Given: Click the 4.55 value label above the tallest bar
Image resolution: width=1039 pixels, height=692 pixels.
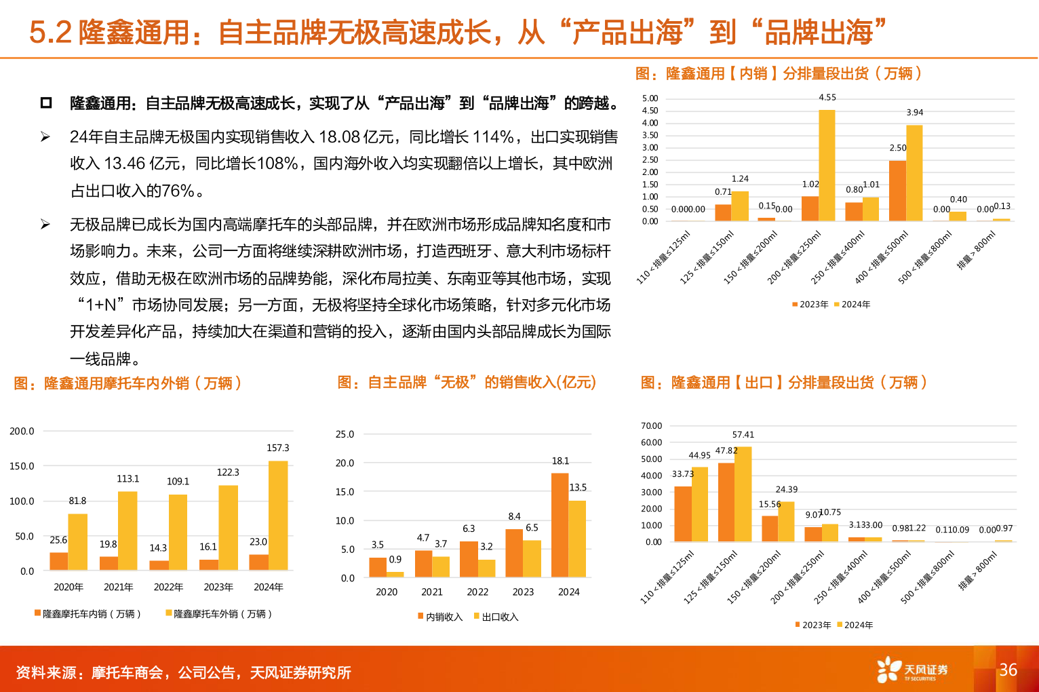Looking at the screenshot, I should (x=827, y=98).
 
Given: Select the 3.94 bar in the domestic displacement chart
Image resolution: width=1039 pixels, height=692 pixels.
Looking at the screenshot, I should (x=914, y=173).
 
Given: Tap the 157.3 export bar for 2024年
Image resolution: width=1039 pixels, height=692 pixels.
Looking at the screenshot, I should (x=278, y=515).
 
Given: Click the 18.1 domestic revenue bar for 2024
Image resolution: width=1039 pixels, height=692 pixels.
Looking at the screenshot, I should (x=560, y=525).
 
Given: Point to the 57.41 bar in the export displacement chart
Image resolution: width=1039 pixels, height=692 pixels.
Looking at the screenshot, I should (x=743, y=494).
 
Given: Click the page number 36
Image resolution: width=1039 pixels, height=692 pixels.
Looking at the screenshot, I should (x=1008, y=670).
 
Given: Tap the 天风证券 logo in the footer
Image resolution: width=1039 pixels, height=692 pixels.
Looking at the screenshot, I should (x=912, y=670).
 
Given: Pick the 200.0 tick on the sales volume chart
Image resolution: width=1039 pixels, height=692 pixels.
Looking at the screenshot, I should (x=22, y=431).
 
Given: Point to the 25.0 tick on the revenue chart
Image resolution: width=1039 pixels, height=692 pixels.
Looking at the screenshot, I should (x=345, y=434).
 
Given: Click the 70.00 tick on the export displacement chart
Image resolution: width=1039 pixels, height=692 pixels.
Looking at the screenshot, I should (x=651, y=426).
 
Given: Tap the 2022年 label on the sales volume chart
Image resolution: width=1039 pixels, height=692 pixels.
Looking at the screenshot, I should (x=168, y=587).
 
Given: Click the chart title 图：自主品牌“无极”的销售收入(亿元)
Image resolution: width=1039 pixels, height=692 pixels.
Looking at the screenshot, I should (x=467, y=383).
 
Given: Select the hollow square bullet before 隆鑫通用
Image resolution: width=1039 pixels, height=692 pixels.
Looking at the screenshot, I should (x=46, y=103).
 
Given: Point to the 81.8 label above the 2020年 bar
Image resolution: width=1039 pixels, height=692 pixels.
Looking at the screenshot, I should (x=77, y=501).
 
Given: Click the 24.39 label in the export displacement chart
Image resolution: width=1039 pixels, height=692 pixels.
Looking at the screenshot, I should (x=787, y=490).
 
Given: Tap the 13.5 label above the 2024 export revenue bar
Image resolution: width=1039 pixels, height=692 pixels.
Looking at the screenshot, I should (x=578, y=488).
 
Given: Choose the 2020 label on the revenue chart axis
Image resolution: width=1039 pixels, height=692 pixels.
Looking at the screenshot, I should (x=387, y=592).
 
